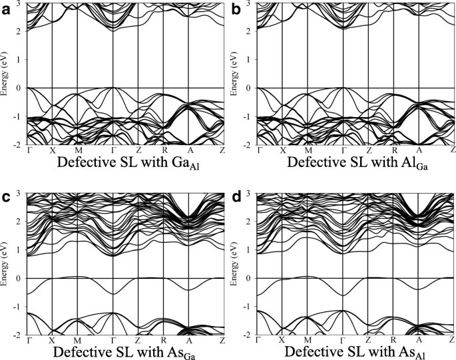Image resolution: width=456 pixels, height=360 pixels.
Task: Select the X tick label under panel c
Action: click(52, 339)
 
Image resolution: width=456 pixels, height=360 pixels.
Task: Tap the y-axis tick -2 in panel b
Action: click(249, 144)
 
